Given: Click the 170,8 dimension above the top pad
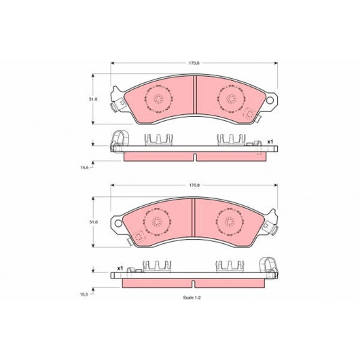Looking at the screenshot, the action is (194, 63).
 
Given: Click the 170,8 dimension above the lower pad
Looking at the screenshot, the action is (194, 185).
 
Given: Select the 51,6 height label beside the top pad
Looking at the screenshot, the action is (93, 99).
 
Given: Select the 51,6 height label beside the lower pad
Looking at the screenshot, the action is (93, 222).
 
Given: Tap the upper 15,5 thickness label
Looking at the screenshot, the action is (84, 167).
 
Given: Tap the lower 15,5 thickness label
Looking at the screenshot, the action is (84, 294).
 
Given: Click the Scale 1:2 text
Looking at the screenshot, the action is (192, 298).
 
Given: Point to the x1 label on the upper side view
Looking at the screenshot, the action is (270, 142).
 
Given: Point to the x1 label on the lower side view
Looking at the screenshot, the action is (120, 268).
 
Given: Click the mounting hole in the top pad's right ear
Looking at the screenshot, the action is (270, 100).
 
